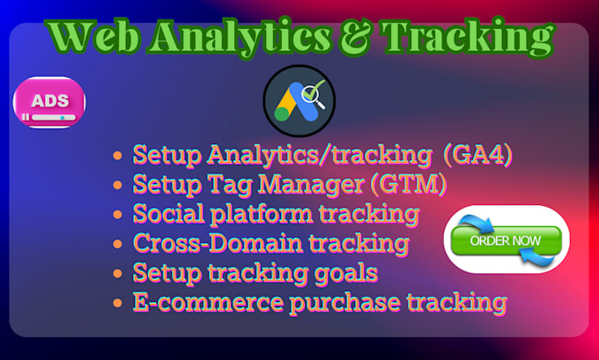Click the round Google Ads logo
299,100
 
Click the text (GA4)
476,156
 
